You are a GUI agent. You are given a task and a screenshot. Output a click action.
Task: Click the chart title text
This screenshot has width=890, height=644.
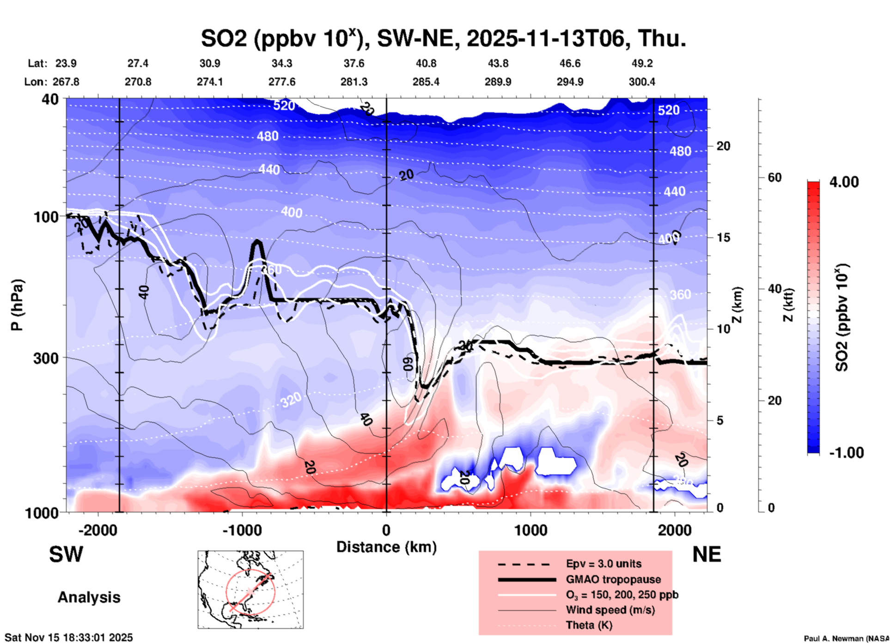(x=443, y=38)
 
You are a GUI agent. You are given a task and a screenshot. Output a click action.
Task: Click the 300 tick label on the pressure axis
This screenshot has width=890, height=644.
(x=46, y=358)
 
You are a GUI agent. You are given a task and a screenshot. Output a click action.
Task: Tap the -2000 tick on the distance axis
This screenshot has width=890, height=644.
(x=98, y=530)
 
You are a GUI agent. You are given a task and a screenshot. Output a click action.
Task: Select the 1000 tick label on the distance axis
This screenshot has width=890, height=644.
(x=530, y=530)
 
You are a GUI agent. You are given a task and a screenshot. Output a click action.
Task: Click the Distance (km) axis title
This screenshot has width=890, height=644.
(x=386, y=547)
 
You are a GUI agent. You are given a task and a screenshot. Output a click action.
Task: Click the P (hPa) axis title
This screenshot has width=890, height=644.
(x=17, y=305)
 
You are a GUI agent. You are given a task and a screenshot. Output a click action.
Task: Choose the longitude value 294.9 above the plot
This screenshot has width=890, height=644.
(x=569, y=82)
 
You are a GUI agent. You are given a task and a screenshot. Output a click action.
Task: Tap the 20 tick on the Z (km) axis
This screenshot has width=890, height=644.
(x=723, y=146)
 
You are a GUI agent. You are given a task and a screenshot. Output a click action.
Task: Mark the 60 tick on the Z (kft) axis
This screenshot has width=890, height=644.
(x=774, y=177)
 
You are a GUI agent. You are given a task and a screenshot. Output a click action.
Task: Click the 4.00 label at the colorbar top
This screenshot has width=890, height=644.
(x=844, y=182)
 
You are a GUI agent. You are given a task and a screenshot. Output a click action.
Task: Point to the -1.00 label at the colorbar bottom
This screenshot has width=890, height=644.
(x=846, y=453)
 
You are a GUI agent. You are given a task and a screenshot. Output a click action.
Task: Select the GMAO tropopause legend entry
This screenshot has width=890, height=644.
(x=613, y=579)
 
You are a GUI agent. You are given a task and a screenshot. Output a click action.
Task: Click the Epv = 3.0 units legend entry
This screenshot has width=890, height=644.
(x=603, y=564)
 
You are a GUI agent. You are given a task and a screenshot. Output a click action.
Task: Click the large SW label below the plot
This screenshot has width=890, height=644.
(x=66, y=554)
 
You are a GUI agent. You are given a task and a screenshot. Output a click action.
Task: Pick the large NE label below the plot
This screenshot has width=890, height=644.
(x=707, y=554)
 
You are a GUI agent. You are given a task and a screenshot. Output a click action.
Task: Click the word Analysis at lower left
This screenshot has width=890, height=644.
(x=89, y=597)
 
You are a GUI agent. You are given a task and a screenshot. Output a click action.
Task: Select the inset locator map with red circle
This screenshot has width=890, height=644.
(x=250, y=589)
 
